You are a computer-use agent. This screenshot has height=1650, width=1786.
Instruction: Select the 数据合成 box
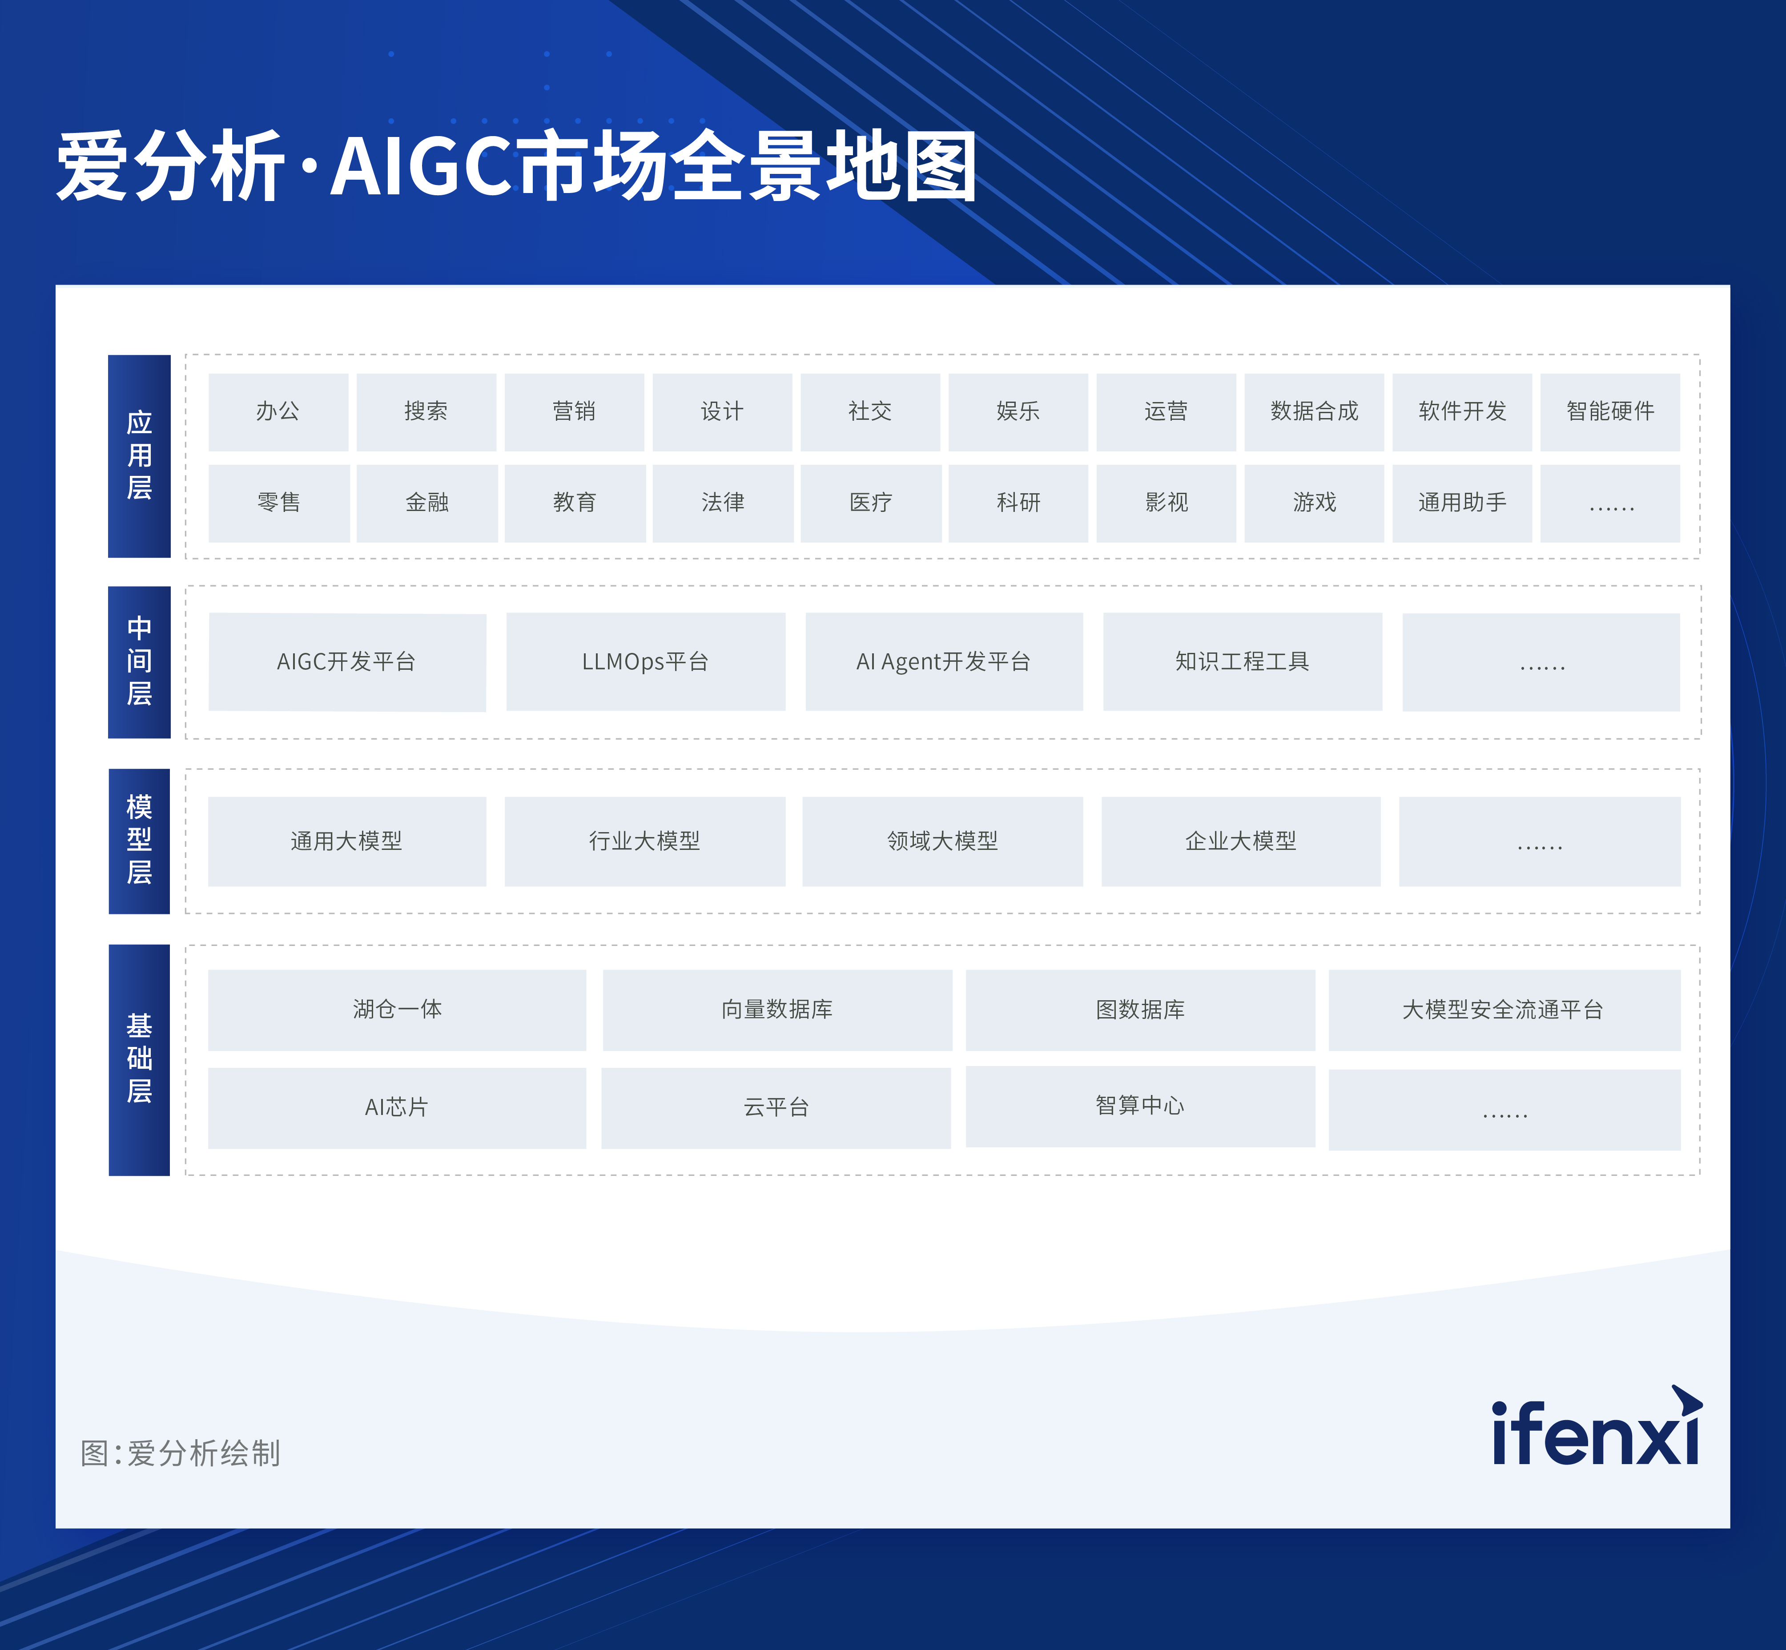click(x=1314, y=411)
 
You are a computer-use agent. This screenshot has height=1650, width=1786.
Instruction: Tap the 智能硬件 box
click(x=1610, y=411)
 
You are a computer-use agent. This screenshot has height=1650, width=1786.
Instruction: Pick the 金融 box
click(x=427, y=503)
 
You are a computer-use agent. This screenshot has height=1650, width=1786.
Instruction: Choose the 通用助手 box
click(x=1462, y=503)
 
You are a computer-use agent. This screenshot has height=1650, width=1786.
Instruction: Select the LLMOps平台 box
click(x=646, y=662)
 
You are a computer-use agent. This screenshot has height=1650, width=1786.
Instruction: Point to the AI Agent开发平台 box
click(x=944, y=662)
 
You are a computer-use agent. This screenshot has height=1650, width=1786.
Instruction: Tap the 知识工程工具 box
click(x=1242, y=662)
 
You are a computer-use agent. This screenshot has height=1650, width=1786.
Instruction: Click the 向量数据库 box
click(x=777, y=1010)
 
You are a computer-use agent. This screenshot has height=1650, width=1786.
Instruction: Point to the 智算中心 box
click(x=1140, y=1106)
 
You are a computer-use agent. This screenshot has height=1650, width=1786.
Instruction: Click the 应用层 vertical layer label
click(x=139, y=456)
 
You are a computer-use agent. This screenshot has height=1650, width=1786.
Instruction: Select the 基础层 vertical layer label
click(x=139, y=1060)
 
